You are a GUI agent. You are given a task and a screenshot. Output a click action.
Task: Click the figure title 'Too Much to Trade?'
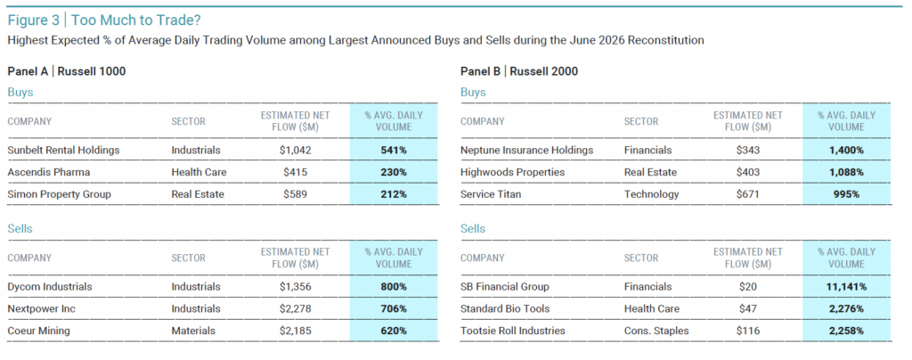135,20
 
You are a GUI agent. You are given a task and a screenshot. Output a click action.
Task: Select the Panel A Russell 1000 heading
66,71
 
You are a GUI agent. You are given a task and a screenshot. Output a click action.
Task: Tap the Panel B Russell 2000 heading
519,71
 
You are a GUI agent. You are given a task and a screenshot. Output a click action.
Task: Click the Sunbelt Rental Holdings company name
63,150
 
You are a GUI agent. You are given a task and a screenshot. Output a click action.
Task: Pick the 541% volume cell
394,150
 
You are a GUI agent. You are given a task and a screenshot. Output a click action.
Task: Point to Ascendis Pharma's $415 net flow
295,172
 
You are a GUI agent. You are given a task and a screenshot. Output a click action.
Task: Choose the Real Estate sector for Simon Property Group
197,194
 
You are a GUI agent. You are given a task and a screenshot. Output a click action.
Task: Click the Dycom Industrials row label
50,287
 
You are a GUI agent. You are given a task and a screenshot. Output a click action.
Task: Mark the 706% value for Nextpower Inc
394,309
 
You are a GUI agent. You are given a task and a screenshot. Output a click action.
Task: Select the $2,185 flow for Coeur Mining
295,331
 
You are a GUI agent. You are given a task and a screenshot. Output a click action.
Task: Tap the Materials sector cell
193,331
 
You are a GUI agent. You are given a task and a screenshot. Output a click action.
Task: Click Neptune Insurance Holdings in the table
527,150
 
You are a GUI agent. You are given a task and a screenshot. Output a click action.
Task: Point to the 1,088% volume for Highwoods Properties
846,172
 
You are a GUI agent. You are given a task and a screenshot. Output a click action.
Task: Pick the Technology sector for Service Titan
651,194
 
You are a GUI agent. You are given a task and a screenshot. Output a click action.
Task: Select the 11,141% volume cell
846,287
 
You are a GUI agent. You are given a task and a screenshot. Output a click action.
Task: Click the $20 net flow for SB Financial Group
748,287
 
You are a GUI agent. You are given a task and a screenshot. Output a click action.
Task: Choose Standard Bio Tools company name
505,309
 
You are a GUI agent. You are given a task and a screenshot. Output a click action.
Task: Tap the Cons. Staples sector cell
656,331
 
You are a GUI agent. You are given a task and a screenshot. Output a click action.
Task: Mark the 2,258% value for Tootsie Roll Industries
846,331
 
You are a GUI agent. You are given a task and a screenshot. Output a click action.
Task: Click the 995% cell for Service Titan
846,194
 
